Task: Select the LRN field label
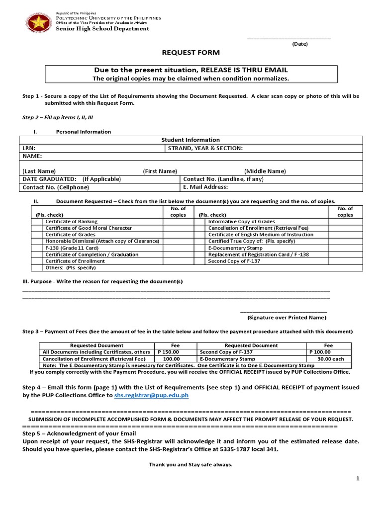pyautogui.click(x=29, y=148)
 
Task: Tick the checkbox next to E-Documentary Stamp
pyautogui.click(x=200, y=248)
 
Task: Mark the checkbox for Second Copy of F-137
pyautogui.click(x=200, y=260)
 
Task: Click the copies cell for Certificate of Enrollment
pyautogui.click(x=178, y=260)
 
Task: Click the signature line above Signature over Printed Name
pyautogui.click(x=287, y=311)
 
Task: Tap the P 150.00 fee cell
pyautogui.click(x=168, y=352)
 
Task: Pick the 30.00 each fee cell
pyautogui.click(x=328, y=358)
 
